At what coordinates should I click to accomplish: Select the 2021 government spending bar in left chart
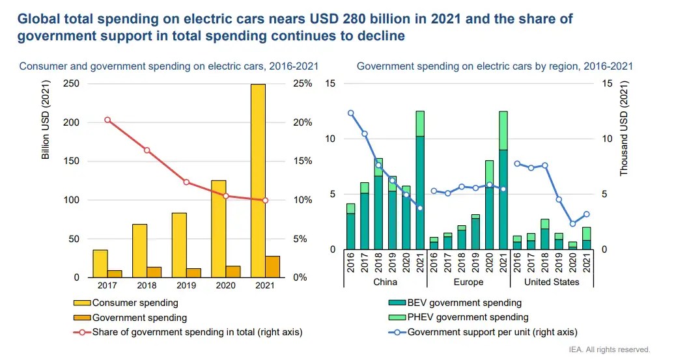[x=272, y=267]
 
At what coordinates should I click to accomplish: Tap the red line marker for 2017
[x=107, y=120]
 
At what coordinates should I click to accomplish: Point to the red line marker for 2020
[x=226, y=196]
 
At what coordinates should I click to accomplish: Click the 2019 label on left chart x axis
[x=186, y=286]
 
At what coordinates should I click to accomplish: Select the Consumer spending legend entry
[x=135, y=303]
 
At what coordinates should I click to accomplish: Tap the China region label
[x=384, y=282]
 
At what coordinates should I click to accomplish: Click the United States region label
[x=551, y=282]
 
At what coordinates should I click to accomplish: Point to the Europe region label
[x=468, y=282]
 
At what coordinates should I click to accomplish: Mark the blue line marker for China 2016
[x=350, y=113]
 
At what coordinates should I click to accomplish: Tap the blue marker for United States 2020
[x=572, y=224]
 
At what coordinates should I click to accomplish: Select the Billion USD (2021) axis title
[x=46, y=123]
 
